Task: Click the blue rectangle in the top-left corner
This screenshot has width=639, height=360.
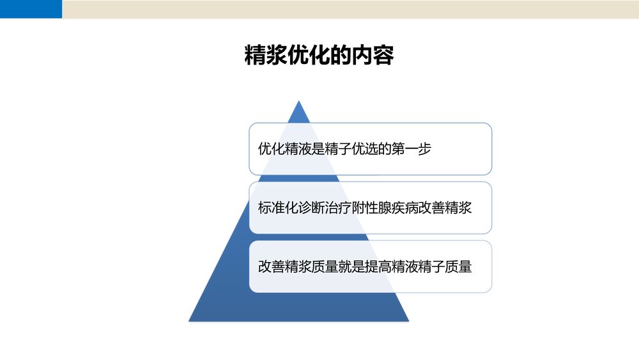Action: [x=31, y=9]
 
